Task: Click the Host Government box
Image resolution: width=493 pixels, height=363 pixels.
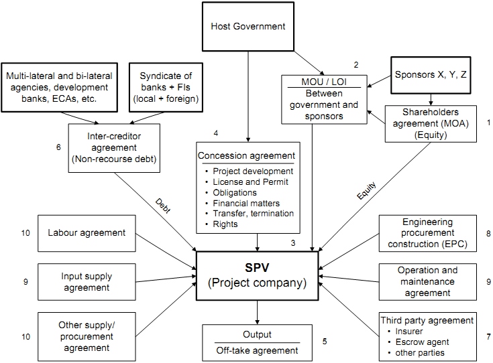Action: click(x=248, y=27)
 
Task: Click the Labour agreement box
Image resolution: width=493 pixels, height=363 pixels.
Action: click(x=87, y=233)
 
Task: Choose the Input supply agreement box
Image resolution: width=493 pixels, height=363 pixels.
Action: click(x=87, y=281)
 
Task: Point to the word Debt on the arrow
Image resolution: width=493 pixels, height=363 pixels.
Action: click(x=163, y=206)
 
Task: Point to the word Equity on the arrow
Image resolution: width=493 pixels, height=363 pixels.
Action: click(x=366, y=193)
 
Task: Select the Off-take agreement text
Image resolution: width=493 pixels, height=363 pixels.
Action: click(x=257, y=350)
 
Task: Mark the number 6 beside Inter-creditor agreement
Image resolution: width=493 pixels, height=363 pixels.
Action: click(x=58, y=146)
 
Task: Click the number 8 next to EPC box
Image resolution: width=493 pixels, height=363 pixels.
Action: click(x=488, y=234)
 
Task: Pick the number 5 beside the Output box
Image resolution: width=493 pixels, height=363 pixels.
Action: click(x=325, y=342)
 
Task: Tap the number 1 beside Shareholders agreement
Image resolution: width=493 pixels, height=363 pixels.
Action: click(x=488, y=123)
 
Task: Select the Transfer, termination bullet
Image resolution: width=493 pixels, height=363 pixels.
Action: click(x=252, y=214)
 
